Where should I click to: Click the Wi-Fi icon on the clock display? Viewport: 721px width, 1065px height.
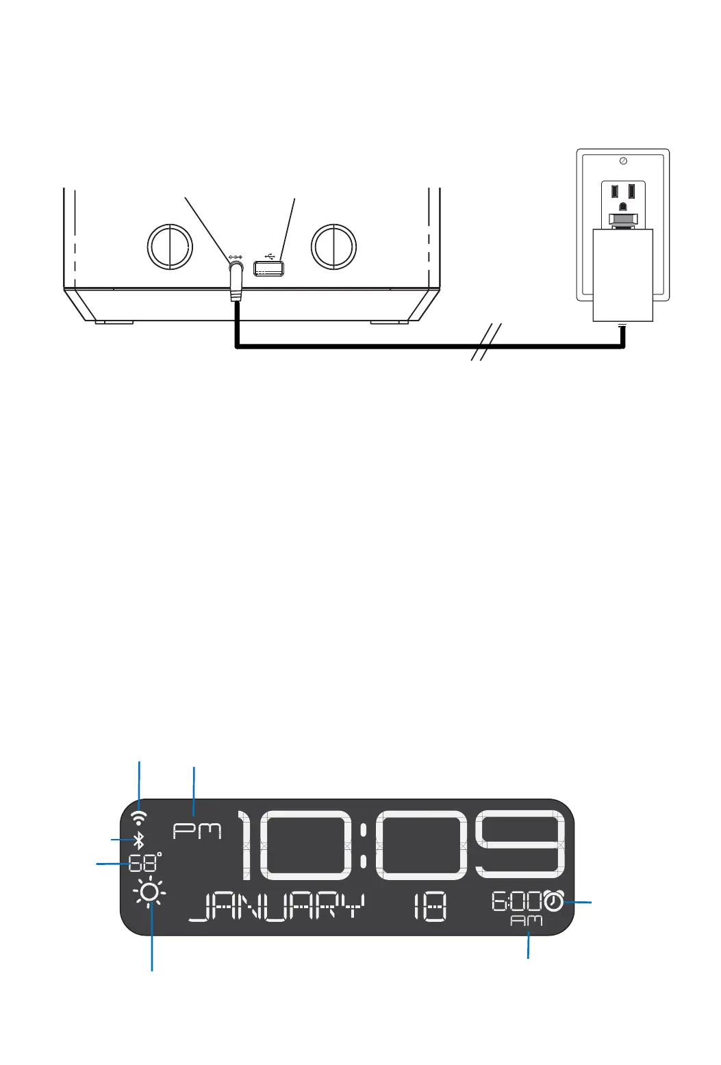coord(139,817)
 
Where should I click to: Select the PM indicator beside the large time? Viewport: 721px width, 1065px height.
coord(197,831)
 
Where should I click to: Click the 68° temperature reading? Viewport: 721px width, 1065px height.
coord(144,862)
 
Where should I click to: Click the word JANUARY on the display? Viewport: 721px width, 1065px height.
coord(276,908)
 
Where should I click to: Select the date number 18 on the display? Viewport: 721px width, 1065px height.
coord(430,908)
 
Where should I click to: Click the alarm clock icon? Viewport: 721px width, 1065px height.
coord(554,901)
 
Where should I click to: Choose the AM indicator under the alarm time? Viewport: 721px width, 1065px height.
coord(527,921)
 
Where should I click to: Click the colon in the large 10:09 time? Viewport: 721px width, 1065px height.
coord(364,846)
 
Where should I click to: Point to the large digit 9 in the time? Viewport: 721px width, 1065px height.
coord(524,846)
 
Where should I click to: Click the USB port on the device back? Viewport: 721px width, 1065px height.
coord(269,269)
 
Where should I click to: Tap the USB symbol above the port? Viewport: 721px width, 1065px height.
coord(270,257)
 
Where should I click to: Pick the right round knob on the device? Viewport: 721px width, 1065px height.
coord(333,247)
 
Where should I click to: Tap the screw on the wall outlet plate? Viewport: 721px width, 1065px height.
coord(622,161)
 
